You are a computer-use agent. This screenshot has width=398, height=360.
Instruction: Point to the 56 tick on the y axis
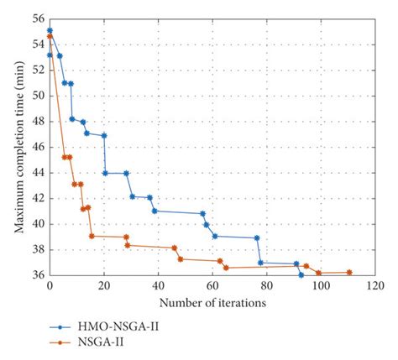click(x=37, y=18)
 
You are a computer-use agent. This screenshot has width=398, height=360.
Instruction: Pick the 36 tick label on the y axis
click(x=37, y=274)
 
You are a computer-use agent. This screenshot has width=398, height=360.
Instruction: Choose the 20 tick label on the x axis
click(x=104, y=286)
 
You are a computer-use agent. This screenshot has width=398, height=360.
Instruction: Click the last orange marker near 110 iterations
click(x=349, y=272)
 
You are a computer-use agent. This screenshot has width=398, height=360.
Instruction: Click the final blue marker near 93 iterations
click(x=301, y=274)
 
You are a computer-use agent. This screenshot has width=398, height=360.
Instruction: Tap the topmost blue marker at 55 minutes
click(x=50, y=30)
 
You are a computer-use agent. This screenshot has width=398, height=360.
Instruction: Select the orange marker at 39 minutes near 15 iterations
click(x=92, y=236)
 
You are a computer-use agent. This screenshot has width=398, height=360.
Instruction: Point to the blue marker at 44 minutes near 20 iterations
click(x=105, y=173)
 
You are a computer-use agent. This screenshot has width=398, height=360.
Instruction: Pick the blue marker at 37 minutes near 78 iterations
click(x=260, y=263)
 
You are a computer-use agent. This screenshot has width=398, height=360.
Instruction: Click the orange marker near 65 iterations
click(x=226, y=268)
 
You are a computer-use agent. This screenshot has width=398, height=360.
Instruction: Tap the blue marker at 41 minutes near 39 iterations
click(x=154, y=211)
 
